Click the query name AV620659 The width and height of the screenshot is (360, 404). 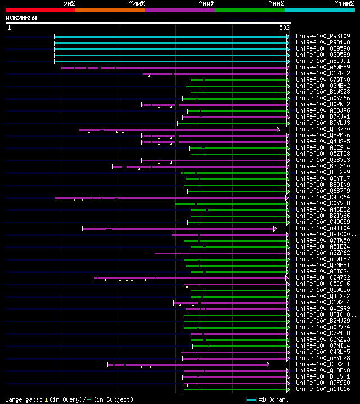[x=21, y=18]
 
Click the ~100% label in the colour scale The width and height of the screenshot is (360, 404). [x=344, y=3]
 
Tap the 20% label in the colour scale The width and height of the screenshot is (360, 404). [x=69, y=3]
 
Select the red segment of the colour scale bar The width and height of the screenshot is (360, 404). [x=40, y=10]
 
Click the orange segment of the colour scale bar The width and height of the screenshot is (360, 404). [x=110, y=10]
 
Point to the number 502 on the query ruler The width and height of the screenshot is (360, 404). [x=284, y=27]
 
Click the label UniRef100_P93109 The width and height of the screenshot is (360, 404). [x=323, y=37]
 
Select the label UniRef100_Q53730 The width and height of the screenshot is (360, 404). [x=323, y=129]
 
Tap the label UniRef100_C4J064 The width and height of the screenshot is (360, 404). [x=323, y=197]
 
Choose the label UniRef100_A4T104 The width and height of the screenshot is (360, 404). [x=323, y=228]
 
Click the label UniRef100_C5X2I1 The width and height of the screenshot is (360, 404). [x=323, y=365]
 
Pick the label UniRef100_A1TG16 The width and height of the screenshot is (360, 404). [x=323, y=389]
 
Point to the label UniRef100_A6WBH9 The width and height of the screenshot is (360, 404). [x=323, y=68]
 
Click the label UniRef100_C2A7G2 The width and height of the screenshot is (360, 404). [x=323, y=278]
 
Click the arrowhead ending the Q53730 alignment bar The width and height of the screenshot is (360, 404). [x=278, y=129]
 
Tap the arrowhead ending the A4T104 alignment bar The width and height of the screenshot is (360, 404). [x=275, y=228]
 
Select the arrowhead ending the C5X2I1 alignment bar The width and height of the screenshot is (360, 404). [x=268, y=365]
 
